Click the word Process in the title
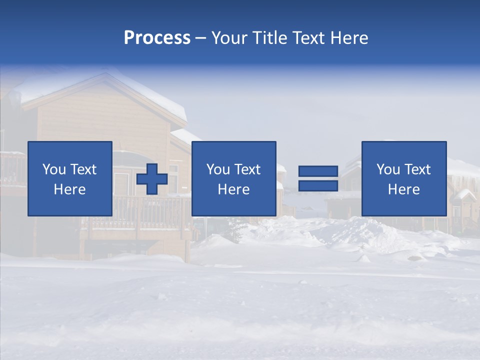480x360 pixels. click(x=157, y=38)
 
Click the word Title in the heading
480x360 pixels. click(x=269, y=38)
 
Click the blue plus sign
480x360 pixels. click(x=152, y=179)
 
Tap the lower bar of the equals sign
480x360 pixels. click(x=318, y=185)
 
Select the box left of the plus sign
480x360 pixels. click(x=69, y=178)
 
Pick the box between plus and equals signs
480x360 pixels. click(x=233, y=178)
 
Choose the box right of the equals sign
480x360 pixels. click(x=403, y=178)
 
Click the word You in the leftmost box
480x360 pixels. click(x=54, y=169)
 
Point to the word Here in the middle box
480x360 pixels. click(x=233, y=189)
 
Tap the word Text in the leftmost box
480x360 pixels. click(x=83, y=169)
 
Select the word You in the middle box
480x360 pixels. click(x=218, y=169)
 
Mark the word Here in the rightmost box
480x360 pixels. click(x=403, y=189)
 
